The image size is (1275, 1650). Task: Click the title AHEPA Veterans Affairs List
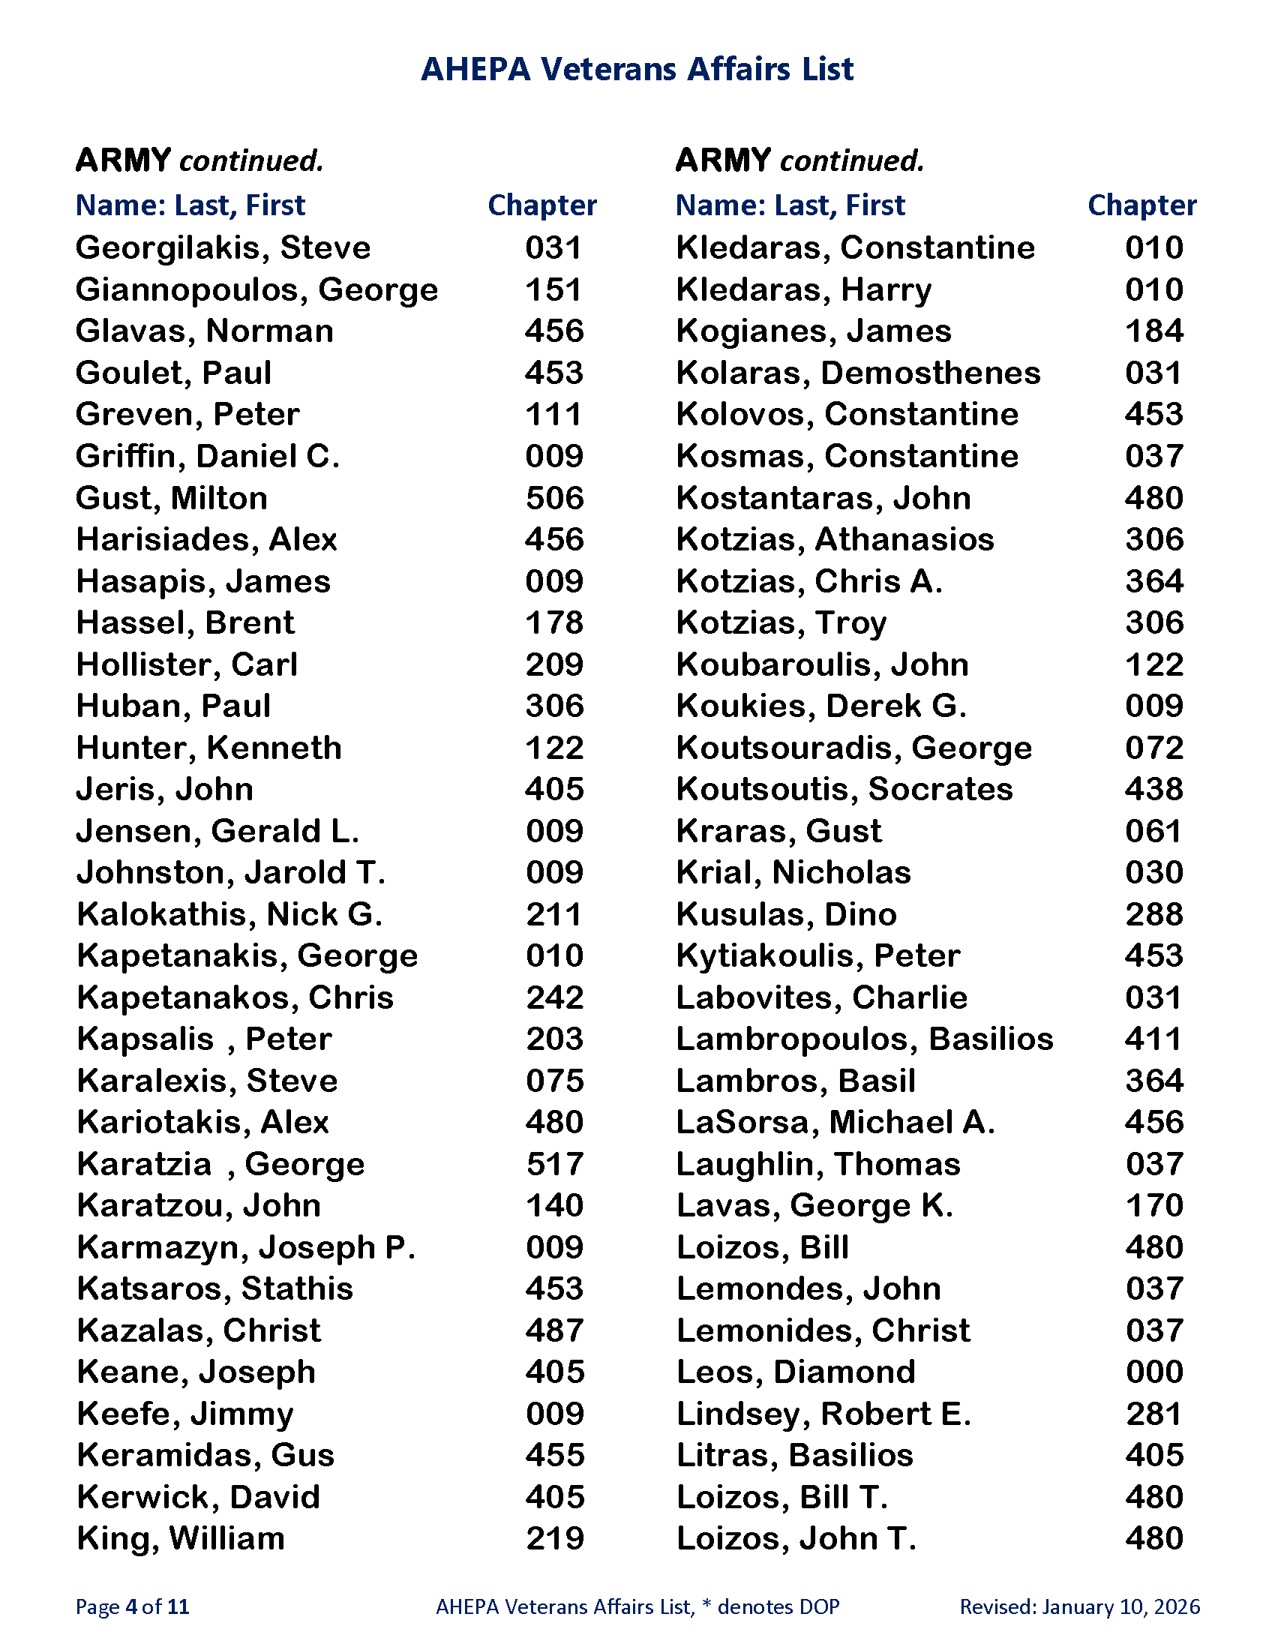[x=637, y=70]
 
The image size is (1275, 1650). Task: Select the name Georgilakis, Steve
[x=223, y=247]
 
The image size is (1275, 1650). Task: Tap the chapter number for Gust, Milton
[x=554, y=498]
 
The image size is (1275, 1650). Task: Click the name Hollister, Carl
[x=187, y=664]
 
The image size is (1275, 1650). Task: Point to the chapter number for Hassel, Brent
[x=554, y=623]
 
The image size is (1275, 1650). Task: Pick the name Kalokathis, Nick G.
[x=229, y=914]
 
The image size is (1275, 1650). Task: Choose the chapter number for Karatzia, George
[x=554, y=1164]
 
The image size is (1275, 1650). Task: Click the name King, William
[x=181, y=1539]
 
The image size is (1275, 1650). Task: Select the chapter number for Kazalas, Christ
[x=554, y=1330]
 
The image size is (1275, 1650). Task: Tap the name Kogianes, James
[x=814, y=331]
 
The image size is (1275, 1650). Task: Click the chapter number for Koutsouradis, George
[x=1154, y=748]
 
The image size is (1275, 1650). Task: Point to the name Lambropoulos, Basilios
[x=864, y=1039]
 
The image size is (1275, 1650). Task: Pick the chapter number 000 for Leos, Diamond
[x=1154, y=1372]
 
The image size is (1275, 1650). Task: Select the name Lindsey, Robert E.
[x=823, y=1414]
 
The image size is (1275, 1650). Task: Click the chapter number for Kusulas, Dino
[x=1154, y=914]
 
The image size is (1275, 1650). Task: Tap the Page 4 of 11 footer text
[x=132, y=1606]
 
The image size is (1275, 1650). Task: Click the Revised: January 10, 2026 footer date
[x=1079, y=1606]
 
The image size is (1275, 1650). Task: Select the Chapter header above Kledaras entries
[x=1142, y=205]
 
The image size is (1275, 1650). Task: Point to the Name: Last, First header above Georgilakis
[x=190, y=205]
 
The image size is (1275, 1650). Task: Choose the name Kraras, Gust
[x=778, y=831]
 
